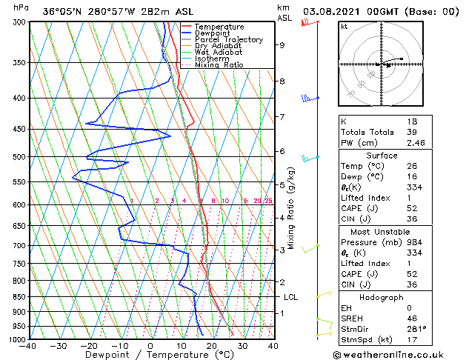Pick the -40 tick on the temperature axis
28,346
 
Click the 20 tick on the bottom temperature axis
211,346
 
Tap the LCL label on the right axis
290,297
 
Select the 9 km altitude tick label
282,45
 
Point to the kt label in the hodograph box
344,27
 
